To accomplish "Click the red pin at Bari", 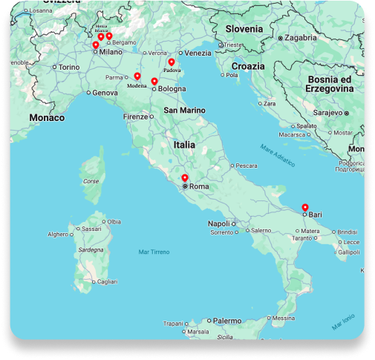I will pos(304,207).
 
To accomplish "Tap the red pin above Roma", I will pos(185,178).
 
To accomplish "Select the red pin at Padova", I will pos(172,62).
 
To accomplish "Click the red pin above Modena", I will pos(137,76).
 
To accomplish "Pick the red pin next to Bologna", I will pos(154,81).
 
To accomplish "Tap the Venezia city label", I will pos(198,53).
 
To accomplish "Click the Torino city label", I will pos(68,67).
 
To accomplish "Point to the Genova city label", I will pos(105,93).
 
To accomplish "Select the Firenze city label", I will pos(136,117).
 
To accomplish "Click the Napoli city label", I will pos(218,223).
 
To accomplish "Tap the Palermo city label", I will pos(227,321).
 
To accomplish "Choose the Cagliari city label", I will pos(107,282).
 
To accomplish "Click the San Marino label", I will pos(184,111).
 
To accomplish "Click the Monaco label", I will pos(47,117).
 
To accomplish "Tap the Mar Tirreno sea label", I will pos(154,252).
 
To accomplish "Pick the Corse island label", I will pos(90,181).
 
